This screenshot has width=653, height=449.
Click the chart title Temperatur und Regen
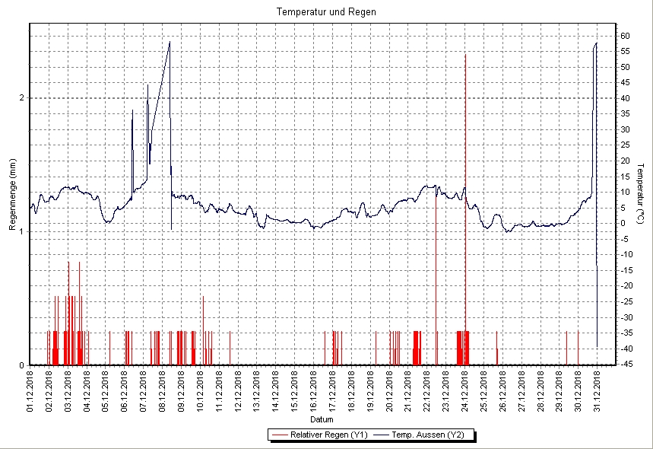pos(326,12)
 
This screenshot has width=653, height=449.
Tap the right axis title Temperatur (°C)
pos(641,194)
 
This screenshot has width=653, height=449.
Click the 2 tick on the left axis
pos(22,97)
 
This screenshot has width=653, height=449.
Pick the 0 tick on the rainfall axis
pos(22,365)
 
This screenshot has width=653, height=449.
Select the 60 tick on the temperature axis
pos(623,36)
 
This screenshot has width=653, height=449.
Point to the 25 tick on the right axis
pos(623,145)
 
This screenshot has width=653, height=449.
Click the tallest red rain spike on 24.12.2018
pos(465,57)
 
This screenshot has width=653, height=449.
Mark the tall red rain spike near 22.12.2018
pos(436,190)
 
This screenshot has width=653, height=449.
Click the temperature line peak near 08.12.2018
pos(170,43)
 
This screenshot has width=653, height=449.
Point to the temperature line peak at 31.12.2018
pos(597,44)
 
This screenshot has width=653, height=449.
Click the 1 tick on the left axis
pos(22,231)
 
